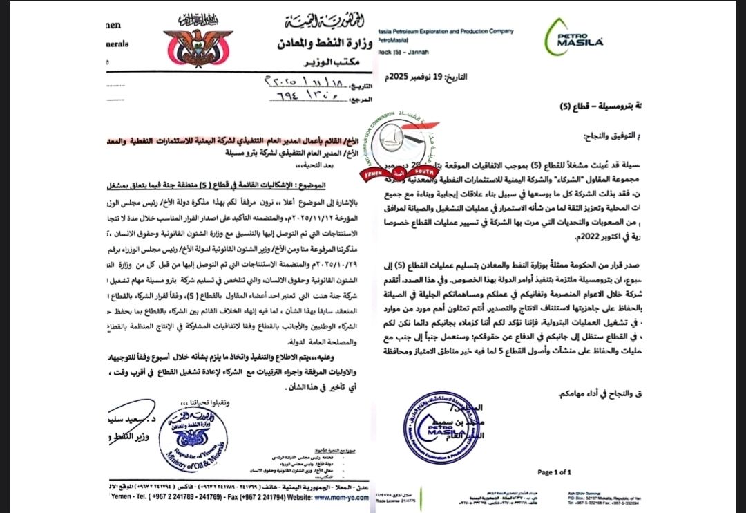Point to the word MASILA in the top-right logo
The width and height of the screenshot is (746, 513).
click(586, 43)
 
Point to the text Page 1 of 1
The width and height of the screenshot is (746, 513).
click(554, 472)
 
